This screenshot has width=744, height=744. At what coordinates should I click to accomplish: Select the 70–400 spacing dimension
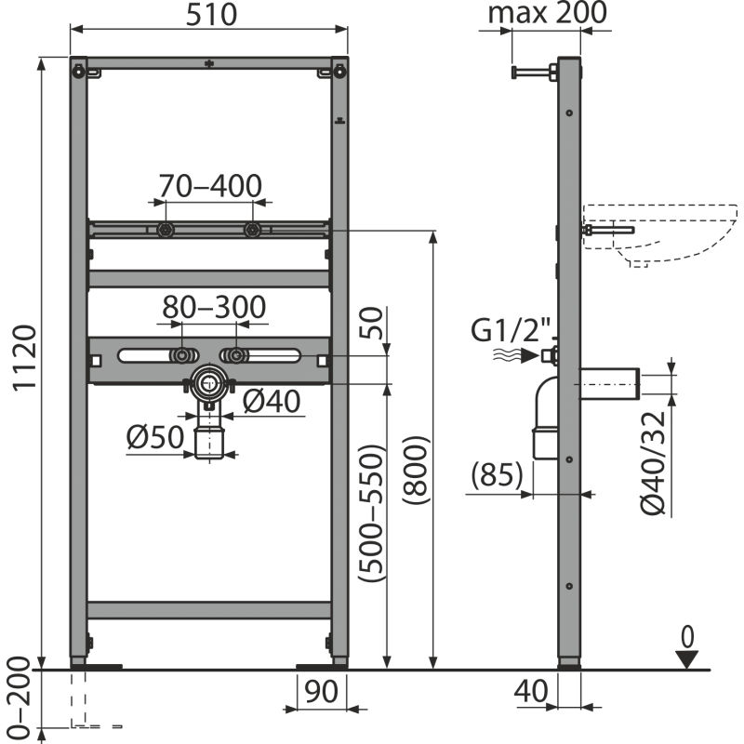[x=208, y=187]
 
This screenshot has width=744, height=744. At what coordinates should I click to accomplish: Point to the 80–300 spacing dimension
[x=214, y=307]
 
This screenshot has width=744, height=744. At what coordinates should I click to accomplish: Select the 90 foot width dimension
[x=321, y=693]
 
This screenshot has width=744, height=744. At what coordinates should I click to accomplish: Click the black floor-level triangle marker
[x=687, y=659]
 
